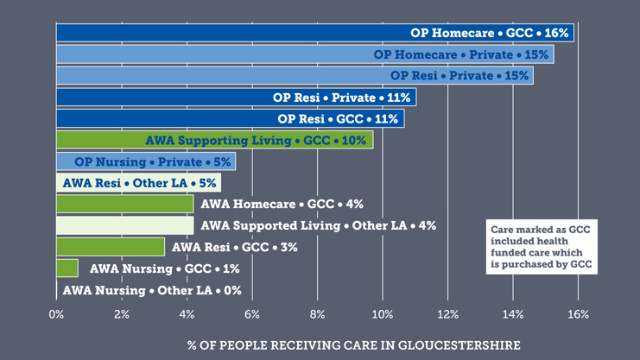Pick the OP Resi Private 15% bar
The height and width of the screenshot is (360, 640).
(294, 76)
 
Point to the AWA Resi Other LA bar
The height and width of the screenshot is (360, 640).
(137, 183)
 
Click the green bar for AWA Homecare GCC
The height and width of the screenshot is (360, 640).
(124, 204)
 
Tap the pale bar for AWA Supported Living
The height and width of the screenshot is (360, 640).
(124, 225)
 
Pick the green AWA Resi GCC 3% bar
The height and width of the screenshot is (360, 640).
(110, 247)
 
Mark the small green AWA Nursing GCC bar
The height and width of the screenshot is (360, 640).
(67, 268)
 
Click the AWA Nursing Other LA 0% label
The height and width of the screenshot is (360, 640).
(152, 290)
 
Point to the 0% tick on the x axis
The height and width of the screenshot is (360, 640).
(57, 315)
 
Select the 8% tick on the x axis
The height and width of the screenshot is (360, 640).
(317, 315)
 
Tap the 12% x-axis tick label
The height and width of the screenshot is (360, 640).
(447, 315)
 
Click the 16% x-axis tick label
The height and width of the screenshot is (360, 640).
(578, 315)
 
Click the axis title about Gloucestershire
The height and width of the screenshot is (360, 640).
(354, 344)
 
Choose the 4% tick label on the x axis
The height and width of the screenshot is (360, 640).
(187, 315)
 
